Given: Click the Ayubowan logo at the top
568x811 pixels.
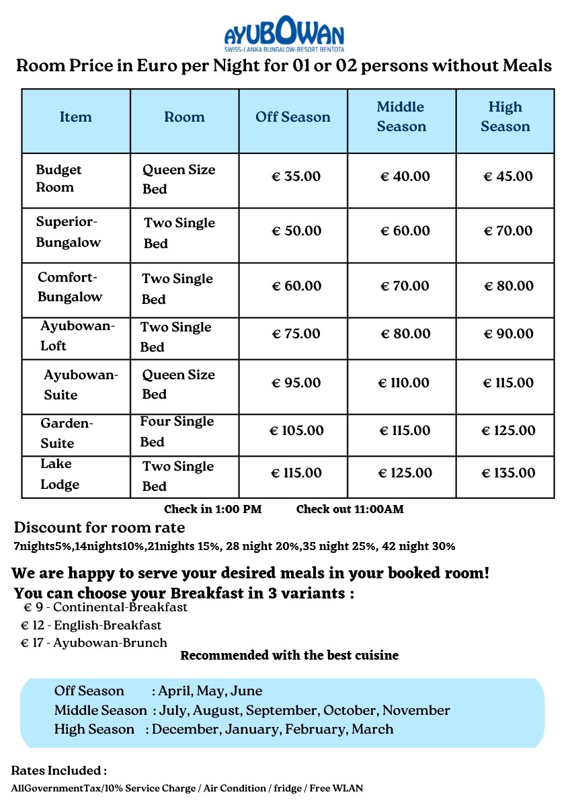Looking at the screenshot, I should pos(284,34).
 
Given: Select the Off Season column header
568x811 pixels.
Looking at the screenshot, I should pos(292,117).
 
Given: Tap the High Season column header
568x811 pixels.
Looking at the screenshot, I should pos(505,117).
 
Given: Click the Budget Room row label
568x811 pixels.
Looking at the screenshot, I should pos(59,179).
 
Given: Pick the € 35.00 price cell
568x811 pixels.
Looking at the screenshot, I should pos(296,177).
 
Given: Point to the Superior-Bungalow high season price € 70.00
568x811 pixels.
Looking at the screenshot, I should pos(508,231).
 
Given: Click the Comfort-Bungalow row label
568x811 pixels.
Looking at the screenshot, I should pos(69,287).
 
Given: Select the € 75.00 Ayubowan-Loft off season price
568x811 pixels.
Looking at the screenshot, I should pos(296,334).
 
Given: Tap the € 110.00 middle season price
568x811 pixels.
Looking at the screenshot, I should pos(404,383).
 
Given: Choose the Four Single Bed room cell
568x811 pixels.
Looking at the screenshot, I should pos(176,431).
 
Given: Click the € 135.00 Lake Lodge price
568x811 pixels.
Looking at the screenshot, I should pos(508,473).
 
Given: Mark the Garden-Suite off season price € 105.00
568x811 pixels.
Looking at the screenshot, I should pos(296,431).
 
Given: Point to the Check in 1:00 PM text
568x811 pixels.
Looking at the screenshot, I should pos(212,509).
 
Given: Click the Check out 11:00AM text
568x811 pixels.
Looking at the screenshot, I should pos(350,509).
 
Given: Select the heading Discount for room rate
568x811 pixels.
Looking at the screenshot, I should pos(99,527).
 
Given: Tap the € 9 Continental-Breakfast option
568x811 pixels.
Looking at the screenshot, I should pos(106,608).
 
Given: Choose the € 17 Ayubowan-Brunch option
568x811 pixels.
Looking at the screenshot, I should pos(94,643).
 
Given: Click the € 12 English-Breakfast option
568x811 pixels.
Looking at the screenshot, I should pos(91,625).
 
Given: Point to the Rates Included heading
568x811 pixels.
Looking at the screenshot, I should pos(58,771).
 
